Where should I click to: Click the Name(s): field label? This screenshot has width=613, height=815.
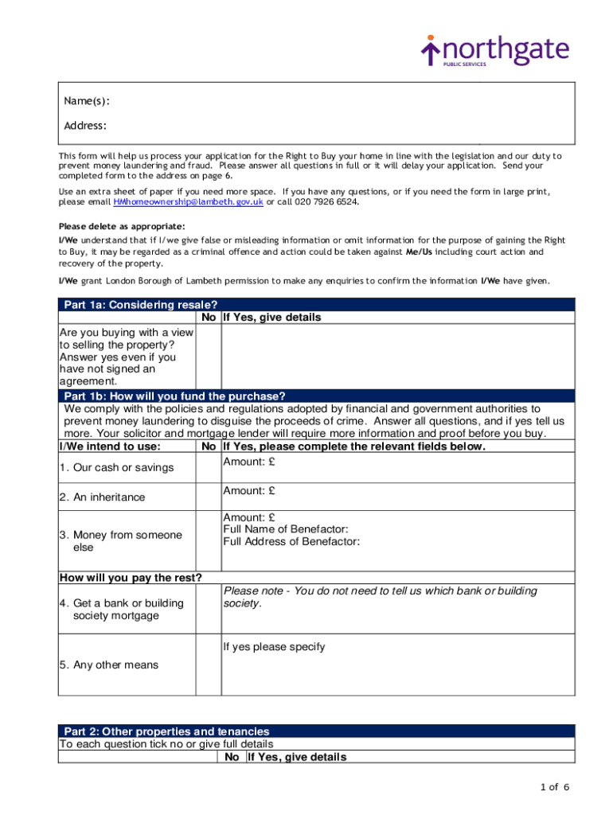tap(87, 101)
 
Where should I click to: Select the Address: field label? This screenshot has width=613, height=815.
tap(85, 126)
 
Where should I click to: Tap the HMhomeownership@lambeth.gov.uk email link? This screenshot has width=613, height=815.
tap(189, 202)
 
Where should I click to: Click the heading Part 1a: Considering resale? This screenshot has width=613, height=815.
tap(141, 304)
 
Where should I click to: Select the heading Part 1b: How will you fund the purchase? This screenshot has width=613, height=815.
tap(174, 396)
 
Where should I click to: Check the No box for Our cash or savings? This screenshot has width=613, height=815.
tap(209, 468)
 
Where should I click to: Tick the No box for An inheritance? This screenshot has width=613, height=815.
tap(209, 497)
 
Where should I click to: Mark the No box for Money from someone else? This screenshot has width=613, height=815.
tap(209, 541)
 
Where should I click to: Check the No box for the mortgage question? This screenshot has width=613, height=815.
tap(209, 609)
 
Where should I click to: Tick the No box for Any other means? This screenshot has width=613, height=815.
tap(209, 665)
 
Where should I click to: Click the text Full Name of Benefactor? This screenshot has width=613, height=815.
tap(286, 529)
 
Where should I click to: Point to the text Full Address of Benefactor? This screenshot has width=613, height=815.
tap(291, 542)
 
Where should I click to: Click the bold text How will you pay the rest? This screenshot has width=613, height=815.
tap(131, 578)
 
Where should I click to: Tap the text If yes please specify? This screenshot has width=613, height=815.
tap(274, 647)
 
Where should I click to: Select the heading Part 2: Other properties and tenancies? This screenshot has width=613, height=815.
tap(166, 731)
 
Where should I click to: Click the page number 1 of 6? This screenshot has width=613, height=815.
tap(554, 788)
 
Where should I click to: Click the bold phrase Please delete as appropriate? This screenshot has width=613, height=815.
tap(122, 226)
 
